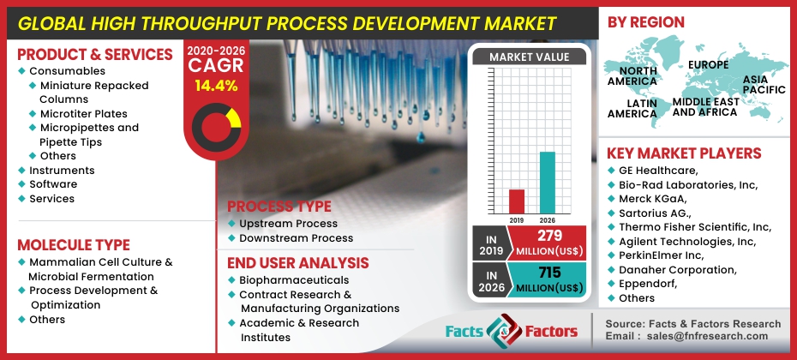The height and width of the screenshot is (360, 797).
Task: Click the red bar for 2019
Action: (x=516, y=201)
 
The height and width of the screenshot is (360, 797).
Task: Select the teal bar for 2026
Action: (x=547, y=183)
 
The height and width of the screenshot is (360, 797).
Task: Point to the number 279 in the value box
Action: (x=549, y=235)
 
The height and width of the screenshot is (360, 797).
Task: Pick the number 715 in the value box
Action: (x=549, y=271)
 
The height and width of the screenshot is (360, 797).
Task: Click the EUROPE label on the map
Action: (x=708, y=64)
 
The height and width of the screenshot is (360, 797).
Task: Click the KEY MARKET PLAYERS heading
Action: (x=684, y=153)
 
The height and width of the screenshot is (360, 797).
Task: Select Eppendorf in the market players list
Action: (x=647, y=284)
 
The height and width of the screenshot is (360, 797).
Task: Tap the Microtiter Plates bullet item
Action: (x=83, y=114)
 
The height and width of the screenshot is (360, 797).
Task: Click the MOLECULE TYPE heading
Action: (x=74, y=244)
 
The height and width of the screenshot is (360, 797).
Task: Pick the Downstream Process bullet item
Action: (x=296, y=238)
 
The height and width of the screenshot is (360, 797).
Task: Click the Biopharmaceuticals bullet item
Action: (x=294, y=280)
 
